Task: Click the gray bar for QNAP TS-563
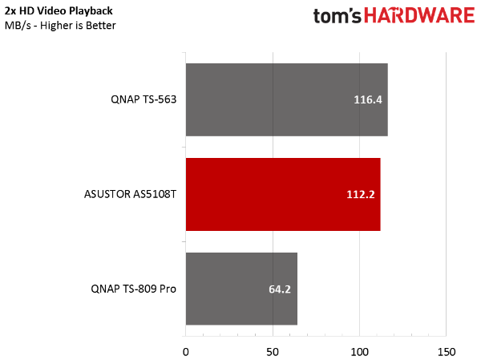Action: pos(287,99)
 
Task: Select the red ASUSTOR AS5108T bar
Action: pos(283,194)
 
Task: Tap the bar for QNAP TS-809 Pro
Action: pos(241,289)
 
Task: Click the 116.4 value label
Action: pos(368,99)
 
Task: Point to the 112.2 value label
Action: pos(361,194)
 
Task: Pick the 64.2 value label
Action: pos(280,289)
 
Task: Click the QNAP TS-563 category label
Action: pos(143,99)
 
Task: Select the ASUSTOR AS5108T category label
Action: pos(130,194)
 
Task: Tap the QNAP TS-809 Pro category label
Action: pos(133,289)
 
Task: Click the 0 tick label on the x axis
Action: pos(186,352)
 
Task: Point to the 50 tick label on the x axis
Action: pos(273,352)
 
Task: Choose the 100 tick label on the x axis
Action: pos(359,352)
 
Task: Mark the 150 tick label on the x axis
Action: pos(447,352)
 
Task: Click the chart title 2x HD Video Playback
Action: pos(59,11)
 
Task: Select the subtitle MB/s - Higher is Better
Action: pos(60,26)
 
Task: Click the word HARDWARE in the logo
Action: pos(419,15)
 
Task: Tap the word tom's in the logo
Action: pos(338,16)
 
